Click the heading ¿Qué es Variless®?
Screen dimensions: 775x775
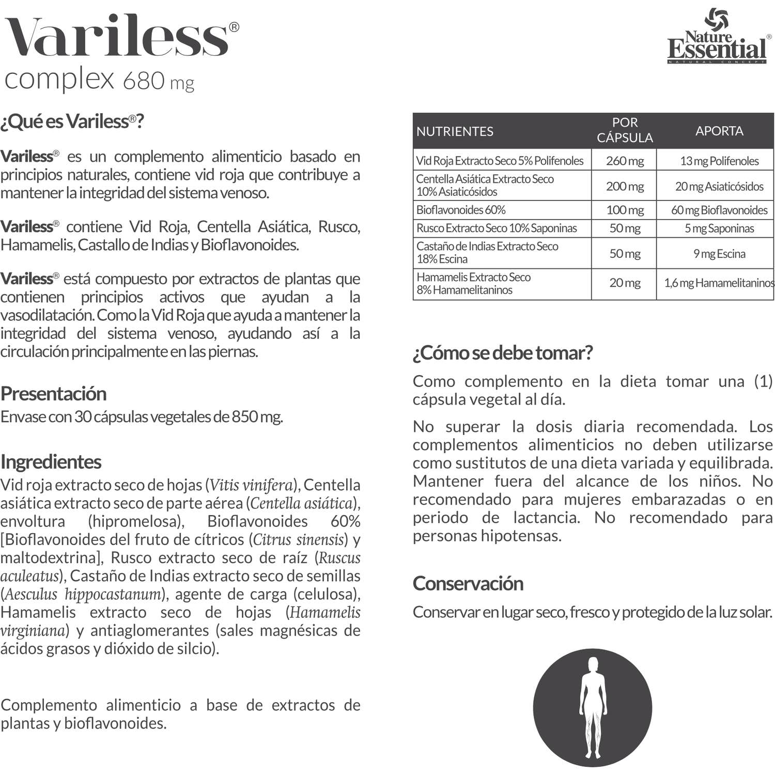click(72, 121)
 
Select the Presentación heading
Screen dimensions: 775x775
click(53, 394)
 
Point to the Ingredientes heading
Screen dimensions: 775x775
click(51, 462)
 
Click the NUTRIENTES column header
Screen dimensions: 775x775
click(455, 131)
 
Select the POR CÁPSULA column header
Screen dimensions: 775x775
click(624, 130)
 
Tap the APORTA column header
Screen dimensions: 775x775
click(719, 131)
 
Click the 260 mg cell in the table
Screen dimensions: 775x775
click(624, 161)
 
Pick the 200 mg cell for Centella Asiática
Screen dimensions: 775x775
click(624, 186)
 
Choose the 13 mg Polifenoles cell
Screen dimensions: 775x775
click(719, 161)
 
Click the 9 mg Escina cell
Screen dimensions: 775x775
click(719, 254)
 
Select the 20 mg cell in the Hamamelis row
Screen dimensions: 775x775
click(624, 283)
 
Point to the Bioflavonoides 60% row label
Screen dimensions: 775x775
click(461, 210)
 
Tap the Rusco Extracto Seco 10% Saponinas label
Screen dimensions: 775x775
click(497, 228)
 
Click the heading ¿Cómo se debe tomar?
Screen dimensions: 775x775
click(502, 353)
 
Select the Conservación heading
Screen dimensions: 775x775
click(468, 583)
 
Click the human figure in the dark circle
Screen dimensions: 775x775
click(593, 707)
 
